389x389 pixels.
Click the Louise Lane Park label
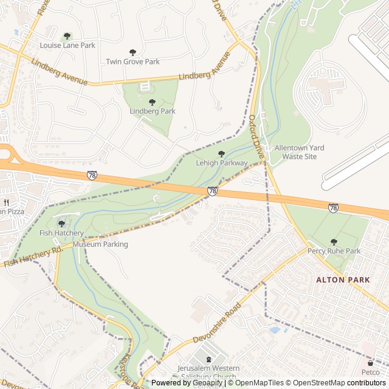click(67, 46)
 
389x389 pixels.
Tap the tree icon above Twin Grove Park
click(133, 52)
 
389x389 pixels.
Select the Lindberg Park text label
click(152, 111)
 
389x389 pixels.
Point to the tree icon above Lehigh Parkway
click(221, 154)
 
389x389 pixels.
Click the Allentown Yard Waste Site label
click(299, 152)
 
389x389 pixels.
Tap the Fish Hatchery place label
click(61, 233)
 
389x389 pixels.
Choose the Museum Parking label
click(100, 244)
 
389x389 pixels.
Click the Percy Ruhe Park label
click(334, 251)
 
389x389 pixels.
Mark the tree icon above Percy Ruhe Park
click(334, 242)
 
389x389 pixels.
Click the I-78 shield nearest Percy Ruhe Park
click(333, 208)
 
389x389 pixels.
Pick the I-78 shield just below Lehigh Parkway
click(212, 191)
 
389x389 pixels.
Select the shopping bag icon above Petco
click(370, 363)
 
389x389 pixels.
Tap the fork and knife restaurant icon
click(6, 202)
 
